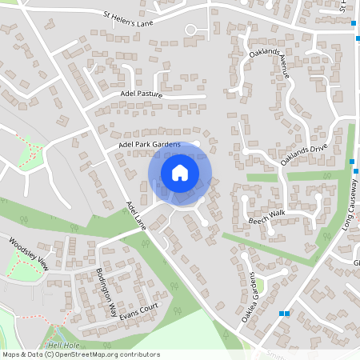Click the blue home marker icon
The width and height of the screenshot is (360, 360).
point(180,172)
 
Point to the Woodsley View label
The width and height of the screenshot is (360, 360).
point(29,253)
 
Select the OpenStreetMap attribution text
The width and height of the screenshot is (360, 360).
point(80,354)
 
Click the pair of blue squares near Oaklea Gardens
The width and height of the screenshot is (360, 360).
point(283,314)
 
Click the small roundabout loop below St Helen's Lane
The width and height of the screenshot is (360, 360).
point(191,30)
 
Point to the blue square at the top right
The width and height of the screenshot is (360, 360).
point(353,24)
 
